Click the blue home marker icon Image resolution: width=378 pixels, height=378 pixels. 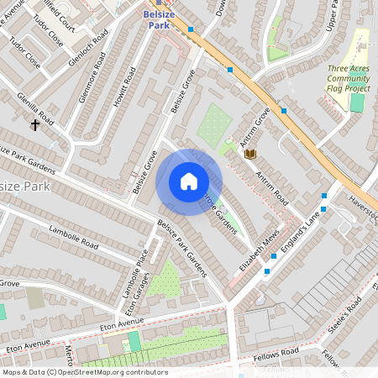[189, 181]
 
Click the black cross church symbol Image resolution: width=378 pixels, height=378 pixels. [35, 125]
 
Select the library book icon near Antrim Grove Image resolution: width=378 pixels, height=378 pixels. [249, 153]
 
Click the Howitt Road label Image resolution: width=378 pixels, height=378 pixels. [123, 87]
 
